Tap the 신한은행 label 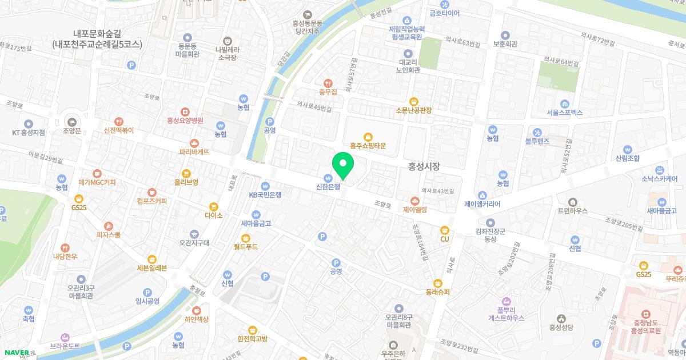pos(328,186)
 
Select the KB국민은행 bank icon pos(265,186)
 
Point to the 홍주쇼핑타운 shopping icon pos(368,137)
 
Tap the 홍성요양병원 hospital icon pos(185,111)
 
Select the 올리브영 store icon pos(186,173)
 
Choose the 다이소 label pos(213,215)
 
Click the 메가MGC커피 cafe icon pos(97,173)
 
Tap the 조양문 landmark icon pos(72,121)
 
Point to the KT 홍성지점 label pos(29,133)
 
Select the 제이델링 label pos(415,210)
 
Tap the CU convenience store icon pos(444,230)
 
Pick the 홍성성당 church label pos(561,327)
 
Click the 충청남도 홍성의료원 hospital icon pos(645,314)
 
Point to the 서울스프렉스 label pos(564,113)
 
